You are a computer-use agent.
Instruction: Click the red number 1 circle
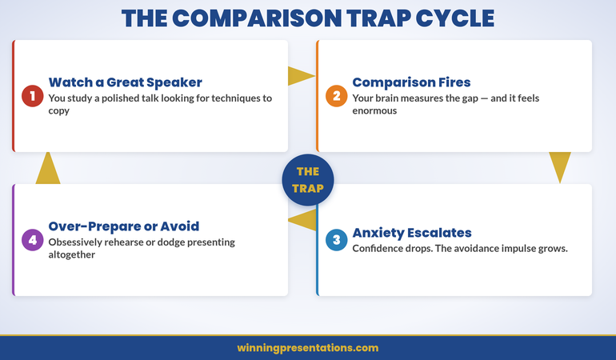point(32,96)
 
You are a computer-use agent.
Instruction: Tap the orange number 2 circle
point(336,96)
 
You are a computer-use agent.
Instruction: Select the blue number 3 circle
point(336,240)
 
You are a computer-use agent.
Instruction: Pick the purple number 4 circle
point(32,240)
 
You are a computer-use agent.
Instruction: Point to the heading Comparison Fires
point(411,82)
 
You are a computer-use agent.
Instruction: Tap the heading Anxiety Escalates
point(412,233)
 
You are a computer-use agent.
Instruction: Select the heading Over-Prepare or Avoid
point(124,226)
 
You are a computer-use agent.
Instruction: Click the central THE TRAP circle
point(308,180)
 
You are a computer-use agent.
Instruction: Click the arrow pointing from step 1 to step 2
point(301,76)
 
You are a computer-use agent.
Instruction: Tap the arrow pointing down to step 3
point(560,166)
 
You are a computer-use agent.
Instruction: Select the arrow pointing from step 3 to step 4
point(302,220)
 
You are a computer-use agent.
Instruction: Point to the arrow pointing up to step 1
point(48,168)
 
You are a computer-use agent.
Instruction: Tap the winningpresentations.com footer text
point(308,348)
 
